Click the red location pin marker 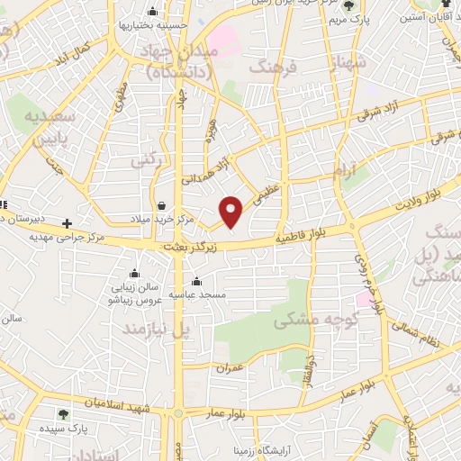[x=231, y=212]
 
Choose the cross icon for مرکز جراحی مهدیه [x=66, y=222]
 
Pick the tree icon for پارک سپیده [x=63, y=414]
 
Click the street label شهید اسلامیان [x=121, y=405]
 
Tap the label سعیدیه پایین [x=56, y=130]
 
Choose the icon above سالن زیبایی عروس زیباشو [x=134, y=273]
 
